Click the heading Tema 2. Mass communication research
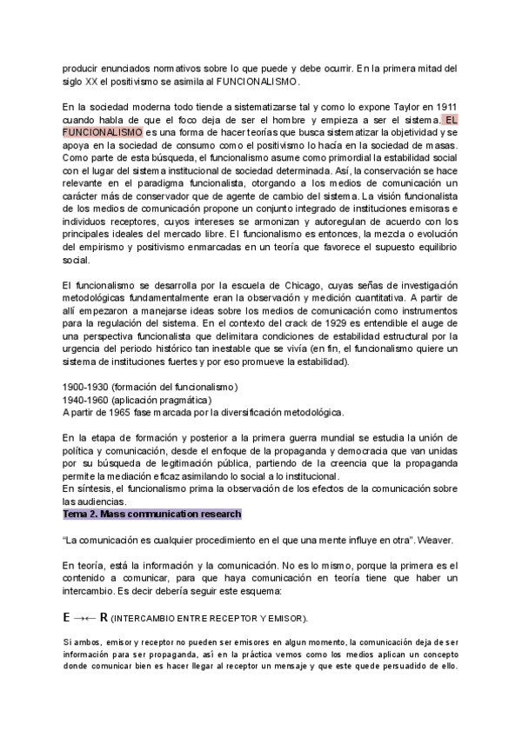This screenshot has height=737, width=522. pyautogui.click(x=152, y=515)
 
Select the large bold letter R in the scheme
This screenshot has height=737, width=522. pyautogui.click(x=104, y=617)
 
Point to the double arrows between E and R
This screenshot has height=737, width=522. pyautogui.click(x=85, y=618)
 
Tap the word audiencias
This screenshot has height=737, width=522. pyautogui.click(x=97, y=502)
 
